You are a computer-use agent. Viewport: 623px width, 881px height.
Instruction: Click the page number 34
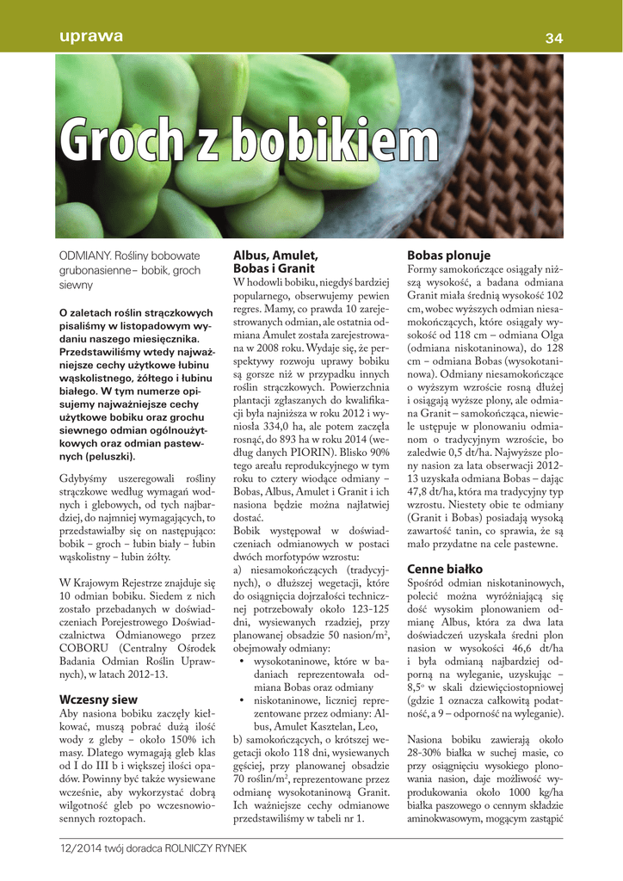tap(553, 37)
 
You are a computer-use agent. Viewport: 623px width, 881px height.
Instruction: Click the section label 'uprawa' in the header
tap(91, 36)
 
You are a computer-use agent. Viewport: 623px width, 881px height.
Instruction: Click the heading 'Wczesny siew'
tap(98, 699)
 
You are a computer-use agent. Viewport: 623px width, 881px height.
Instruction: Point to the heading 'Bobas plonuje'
tap(448, 256)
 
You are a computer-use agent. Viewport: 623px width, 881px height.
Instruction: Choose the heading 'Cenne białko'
tap(445, 569)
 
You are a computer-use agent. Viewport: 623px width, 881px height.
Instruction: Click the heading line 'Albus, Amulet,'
tap(275, 256)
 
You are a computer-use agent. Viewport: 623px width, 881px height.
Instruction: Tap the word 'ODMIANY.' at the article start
tap(84, 256)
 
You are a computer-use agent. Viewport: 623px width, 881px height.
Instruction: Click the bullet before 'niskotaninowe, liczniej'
tap(243, 703)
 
